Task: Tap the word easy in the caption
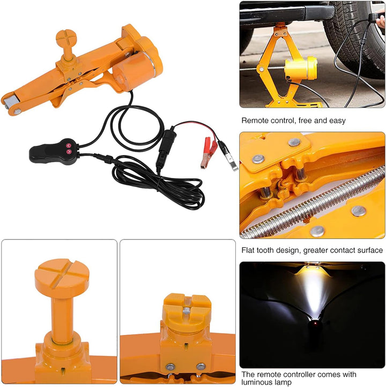pos(336,121)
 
